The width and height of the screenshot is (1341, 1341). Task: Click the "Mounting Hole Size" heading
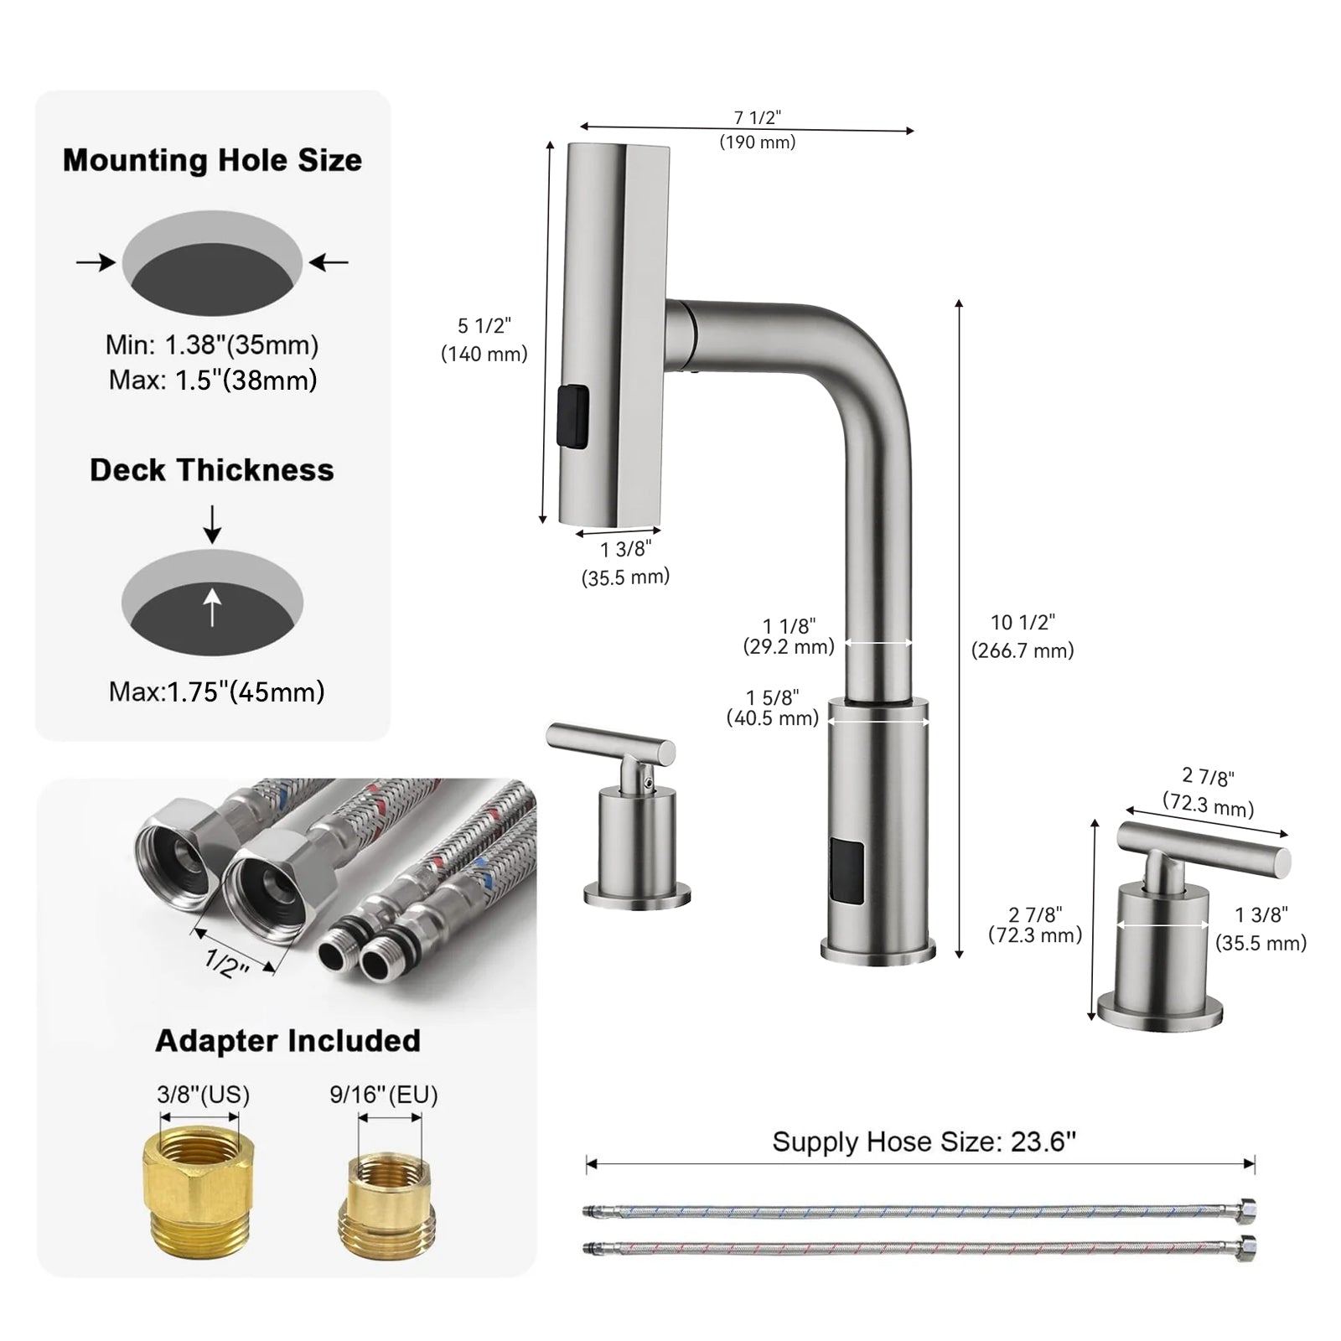click(212, 160)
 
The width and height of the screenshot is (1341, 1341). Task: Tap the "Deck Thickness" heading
click(212, 470)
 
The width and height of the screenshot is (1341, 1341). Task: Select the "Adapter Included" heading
click(287, 1041)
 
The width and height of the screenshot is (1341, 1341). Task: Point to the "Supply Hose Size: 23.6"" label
click(924, 1142)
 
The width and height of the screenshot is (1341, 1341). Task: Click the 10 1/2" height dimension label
click(1023, 636)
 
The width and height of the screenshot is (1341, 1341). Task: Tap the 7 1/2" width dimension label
click(758, 130)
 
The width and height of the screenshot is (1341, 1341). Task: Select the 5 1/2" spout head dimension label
click(484, 339)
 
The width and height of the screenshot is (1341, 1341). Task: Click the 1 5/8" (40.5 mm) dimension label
click(773, 707)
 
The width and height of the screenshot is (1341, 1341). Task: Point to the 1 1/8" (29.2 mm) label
click(789, 636)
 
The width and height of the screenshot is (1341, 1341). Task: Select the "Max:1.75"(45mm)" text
click(216, 692)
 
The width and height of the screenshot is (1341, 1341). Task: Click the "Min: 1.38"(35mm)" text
click(212, 345)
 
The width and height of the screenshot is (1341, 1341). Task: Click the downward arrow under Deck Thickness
click(213, 525)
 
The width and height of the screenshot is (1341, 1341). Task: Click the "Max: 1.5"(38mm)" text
click(213, 381)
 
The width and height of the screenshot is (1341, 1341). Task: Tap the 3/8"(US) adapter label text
click(203, 1095)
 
